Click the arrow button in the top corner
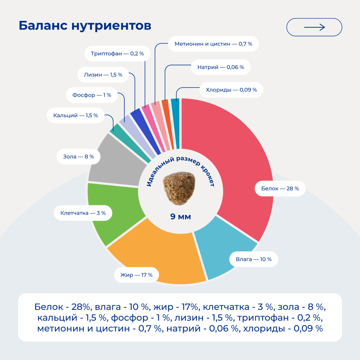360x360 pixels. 314,27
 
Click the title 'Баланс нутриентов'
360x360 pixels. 85,26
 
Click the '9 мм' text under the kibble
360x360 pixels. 180,217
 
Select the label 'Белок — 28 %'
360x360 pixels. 280,188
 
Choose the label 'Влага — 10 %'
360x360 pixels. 253,259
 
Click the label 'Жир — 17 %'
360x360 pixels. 134,275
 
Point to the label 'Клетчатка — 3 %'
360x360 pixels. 83,213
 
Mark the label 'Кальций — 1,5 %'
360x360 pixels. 76,116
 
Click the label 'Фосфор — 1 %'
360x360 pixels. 92,95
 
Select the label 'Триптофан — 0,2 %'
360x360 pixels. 117,53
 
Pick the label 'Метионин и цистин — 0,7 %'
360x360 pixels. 213,44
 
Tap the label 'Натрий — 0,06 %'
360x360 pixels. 221,67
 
